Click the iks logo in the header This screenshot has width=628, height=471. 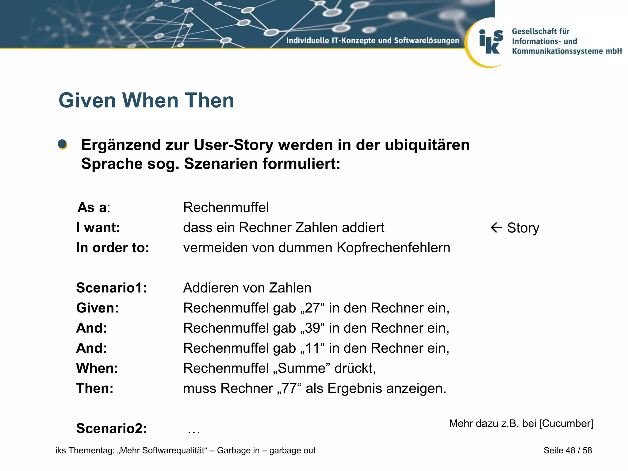(x=491, y=42)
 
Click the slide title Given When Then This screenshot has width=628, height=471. (x=146, y=100)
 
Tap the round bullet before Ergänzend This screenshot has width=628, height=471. (x=63, y=144)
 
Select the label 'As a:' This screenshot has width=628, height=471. (x=94, y=207)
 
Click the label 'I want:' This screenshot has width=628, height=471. (x=98, y=228)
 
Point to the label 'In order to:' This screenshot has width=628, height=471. (x=113, y=247)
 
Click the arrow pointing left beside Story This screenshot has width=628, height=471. (x=496, y=228)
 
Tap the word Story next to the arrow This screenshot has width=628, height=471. (x=523, y=228)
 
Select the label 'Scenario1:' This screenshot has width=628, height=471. (x=112, y=288)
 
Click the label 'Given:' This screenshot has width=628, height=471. (x=98, y=308)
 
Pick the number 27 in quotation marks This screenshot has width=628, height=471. (x=312, y=308)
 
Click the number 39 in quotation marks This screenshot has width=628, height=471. (x=312, y=328)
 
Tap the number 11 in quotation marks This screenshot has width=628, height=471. (x=312, y=348)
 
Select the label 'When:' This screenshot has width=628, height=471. (x=97, y=368)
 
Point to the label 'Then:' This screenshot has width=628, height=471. (x=95, y=389)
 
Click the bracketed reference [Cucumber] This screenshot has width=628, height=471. (x=566, y=423)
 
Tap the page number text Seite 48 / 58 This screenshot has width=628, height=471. (x=568, y=450)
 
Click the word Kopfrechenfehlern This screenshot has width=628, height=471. (x=393, y=247)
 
